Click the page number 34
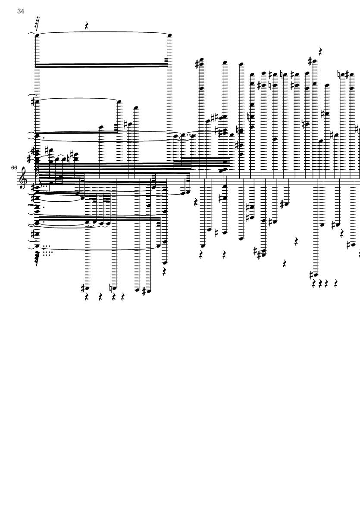[21, 11]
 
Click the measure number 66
[14, 166]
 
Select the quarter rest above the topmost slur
[87, 26]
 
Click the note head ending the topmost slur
[169, 35]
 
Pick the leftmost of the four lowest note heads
[87, 287]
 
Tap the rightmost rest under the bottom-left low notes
[123, 297]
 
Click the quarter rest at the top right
[321, 52]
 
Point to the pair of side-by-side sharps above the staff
[214, 117]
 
